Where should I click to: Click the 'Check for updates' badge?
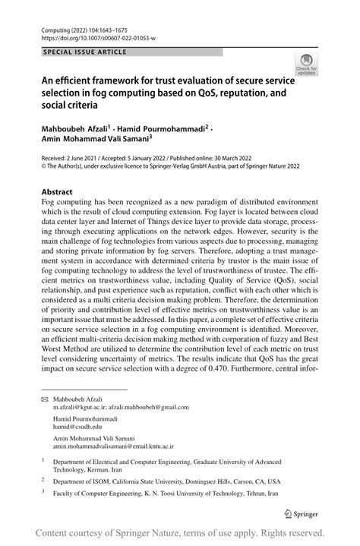click(x=308, y=64)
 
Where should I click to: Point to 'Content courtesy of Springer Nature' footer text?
click(x=106, y=532)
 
